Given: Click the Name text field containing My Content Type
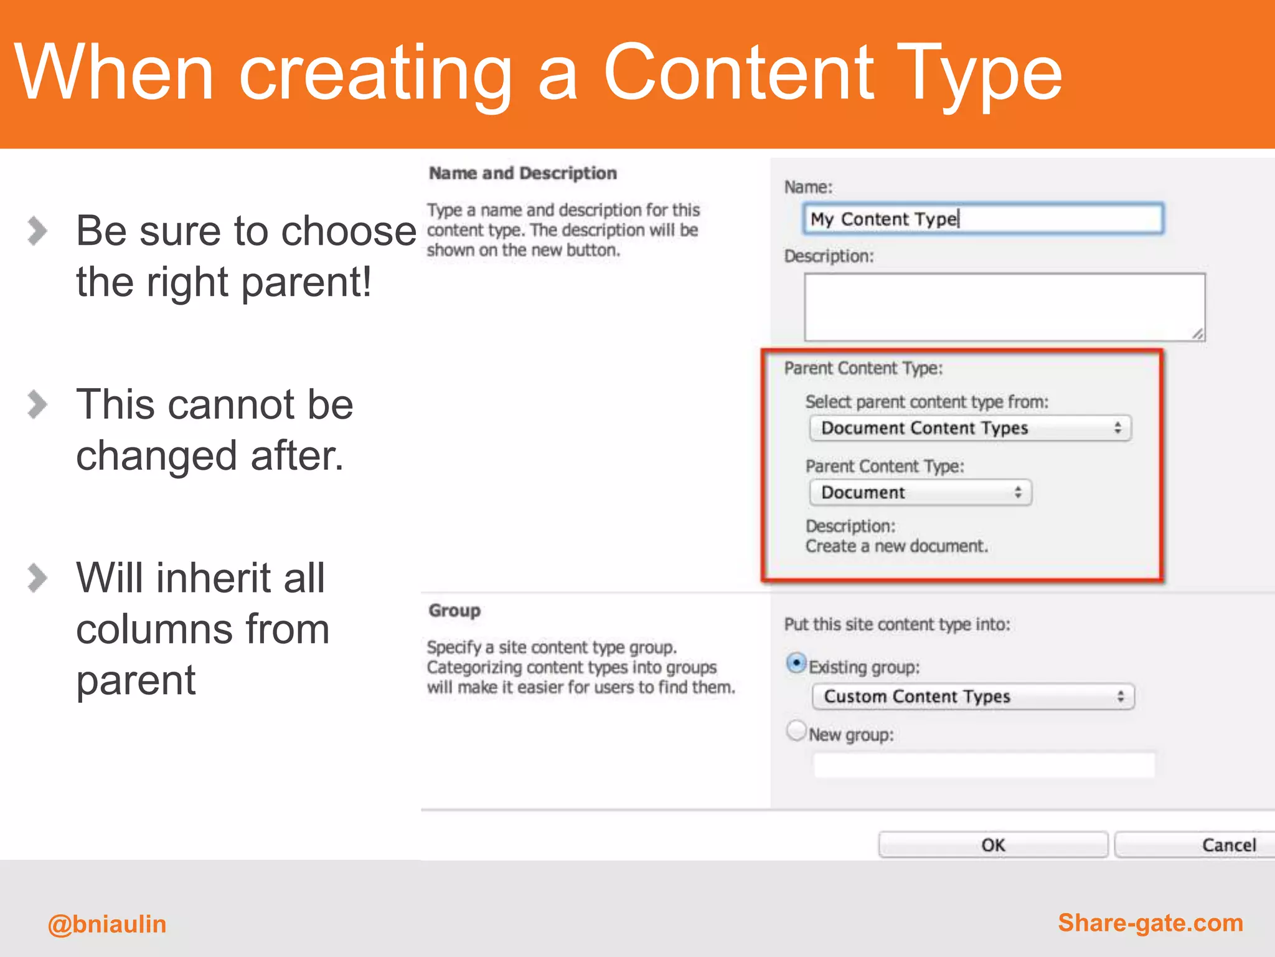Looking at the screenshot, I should point(982,219).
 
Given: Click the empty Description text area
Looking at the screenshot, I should point(1004,307).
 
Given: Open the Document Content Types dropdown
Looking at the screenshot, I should point(970,428).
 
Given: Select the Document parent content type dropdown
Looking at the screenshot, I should point(920,492).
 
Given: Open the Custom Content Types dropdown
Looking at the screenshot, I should point(972,697).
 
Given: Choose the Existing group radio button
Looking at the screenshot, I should point(796,664).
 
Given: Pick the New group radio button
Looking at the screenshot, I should point(796,731).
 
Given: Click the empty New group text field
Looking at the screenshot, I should point(984,765).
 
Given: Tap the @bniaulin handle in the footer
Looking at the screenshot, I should point(107,924).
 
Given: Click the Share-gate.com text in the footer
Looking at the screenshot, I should point(1150,923).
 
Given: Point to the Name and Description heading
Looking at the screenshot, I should point(522,173).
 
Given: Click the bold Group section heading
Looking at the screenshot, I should point(454,611).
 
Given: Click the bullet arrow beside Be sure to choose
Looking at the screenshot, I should point(37,231).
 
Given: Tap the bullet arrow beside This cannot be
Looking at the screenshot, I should point(37,404).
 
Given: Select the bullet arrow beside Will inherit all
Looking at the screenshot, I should point(37,578).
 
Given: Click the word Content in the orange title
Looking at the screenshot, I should point(738,74).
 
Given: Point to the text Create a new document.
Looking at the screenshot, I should point(896,546).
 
